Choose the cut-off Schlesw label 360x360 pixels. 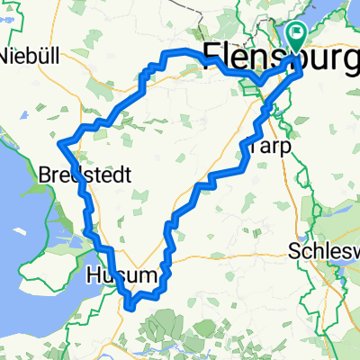[324, 253]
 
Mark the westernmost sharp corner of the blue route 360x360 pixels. [59, 142]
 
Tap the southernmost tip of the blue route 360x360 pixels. [132, 307]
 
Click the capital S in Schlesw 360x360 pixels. [295, 253]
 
